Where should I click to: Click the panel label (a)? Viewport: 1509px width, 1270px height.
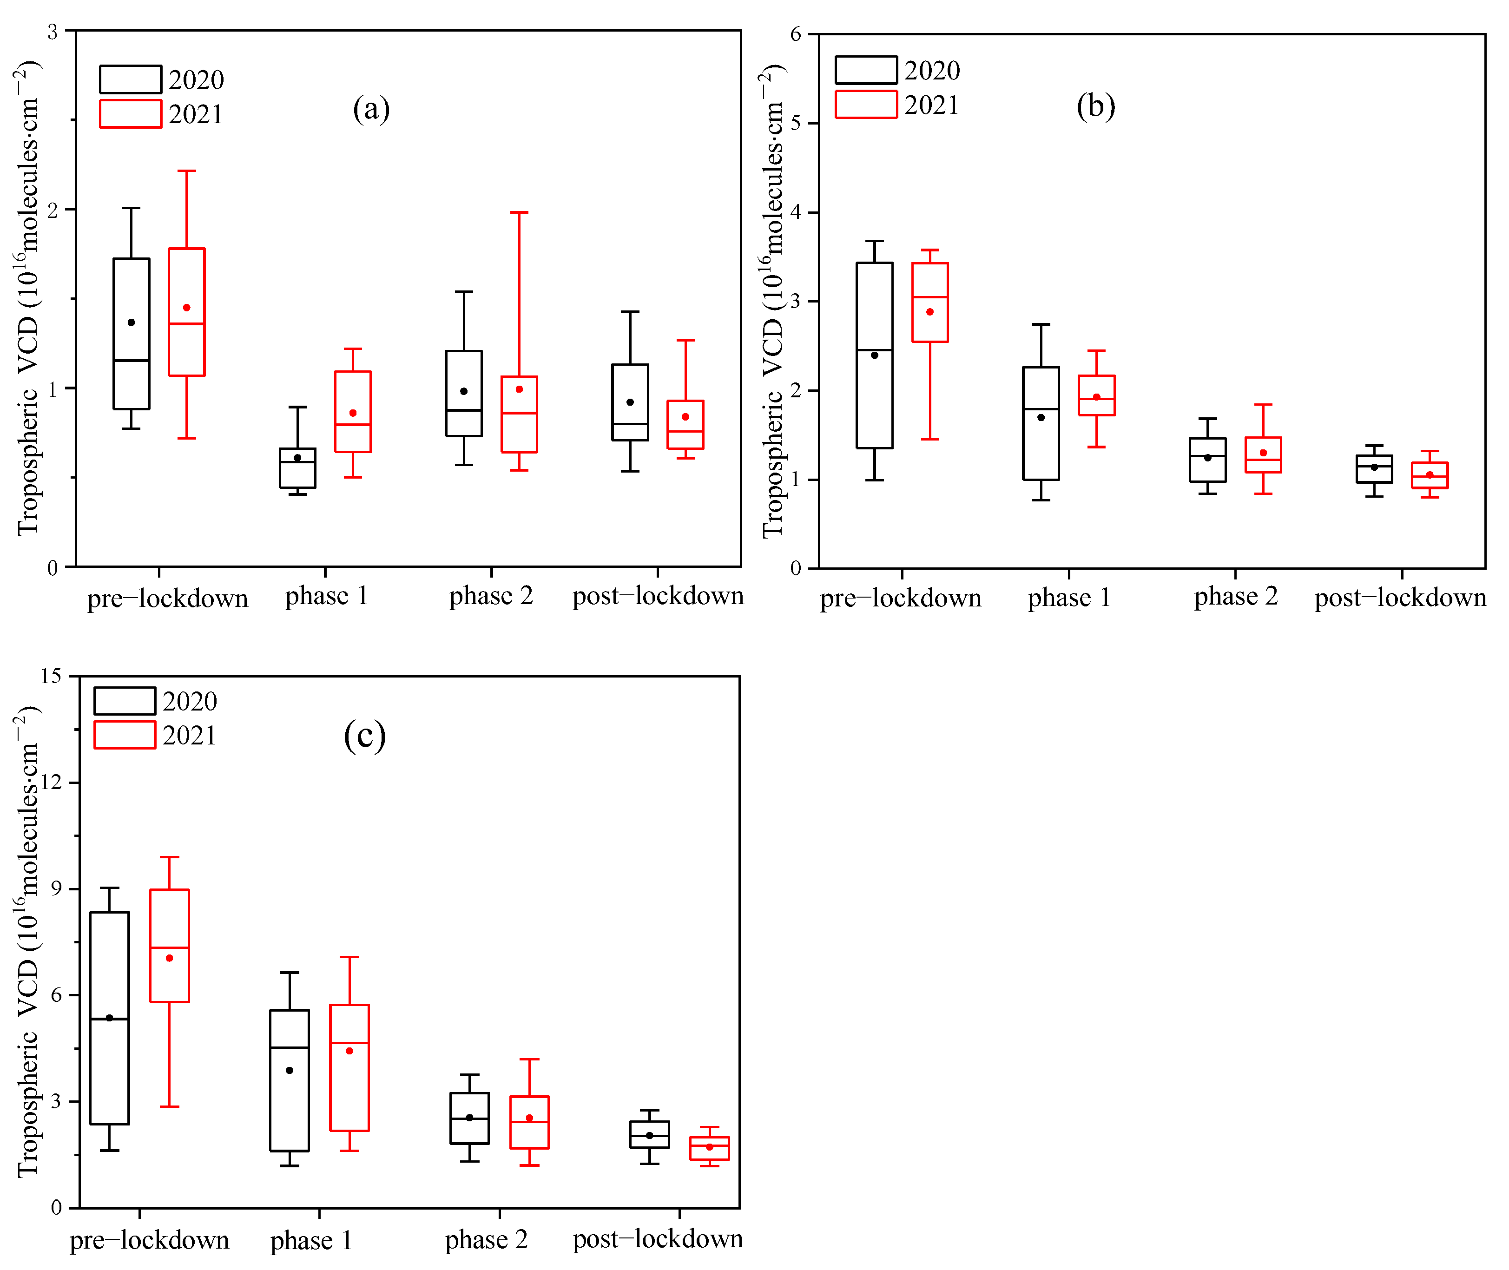pyautogui.click(x=371, y=109)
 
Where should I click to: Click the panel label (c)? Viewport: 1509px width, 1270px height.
pyautogui.click(x=364, y=736)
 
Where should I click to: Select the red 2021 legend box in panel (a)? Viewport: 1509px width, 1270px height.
pyautogui.click(x=130, y=114)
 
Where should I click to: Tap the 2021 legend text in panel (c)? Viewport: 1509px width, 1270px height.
pyautogui.click(x=189, y=735)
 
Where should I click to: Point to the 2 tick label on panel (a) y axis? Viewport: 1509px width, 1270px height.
pyautogui.click(x=53, y=210)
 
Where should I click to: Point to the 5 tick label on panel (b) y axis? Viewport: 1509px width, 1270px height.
pyautogui.click(x=796, y=123)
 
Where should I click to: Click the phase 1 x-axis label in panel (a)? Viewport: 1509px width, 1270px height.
pyautogui.click(x=326, y=596)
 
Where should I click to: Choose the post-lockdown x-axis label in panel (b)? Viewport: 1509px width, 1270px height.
pyautogui.click(x=1400, y=598)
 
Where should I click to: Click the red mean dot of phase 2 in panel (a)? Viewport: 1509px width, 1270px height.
pyautogui.click(x=519, y=389)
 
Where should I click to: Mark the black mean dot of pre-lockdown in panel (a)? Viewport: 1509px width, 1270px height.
pyautogui.click(x=131, y=322)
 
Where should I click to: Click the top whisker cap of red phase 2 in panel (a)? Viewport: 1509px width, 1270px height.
pyautogui.click(x=519, y=212)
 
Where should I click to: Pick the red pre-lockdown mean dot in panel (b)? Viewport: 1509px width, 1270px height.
pyautogui.click(x=929, y=312)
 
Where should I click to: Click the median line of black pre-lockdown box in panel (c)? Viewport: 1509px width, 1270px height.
pyautogui.click(x=109, y=1019)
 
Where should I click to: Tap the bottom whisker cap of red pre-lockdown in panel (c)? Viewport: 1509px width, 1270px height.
pyautogui.click(x=169, y=1106)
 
